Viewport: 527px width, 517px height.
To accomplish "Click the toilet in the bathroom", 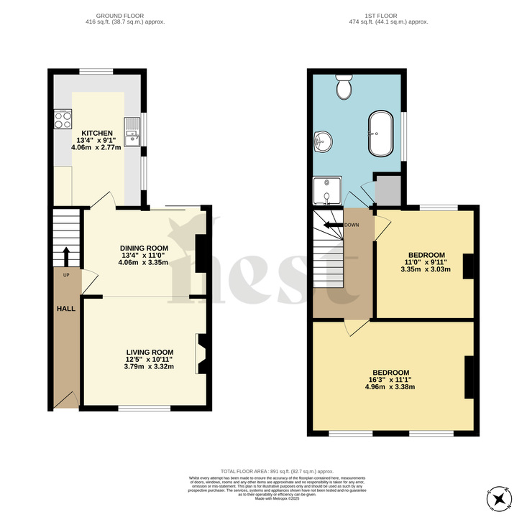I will pos(344,88).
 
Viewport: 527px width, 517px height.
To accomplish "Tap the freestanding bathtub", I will pos(381,134).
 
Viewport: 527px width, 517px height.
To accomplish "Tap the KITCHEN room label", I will pos(96,134).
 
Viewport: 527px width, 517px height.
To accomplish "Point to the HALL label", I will pos(66,308).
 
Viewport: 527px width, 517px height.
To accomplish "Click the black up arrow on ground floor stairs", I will pos(66,255).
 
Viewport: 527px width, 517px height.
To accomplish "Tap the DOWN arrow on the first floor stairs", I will pos(333,225).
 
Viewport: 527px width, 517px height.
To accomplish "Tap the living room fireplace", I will pos(202,353).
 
